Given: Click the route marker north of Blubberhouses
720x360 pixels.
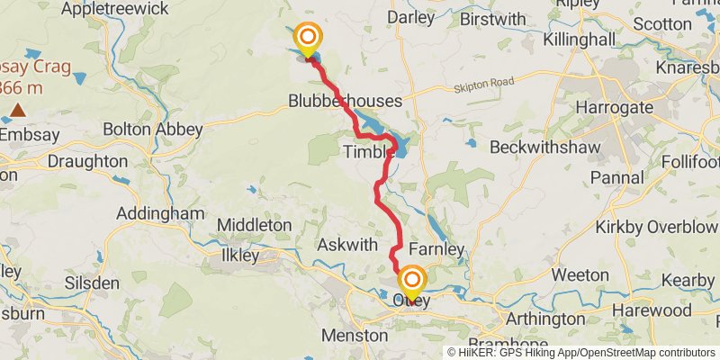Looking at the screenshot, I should click(308, 38).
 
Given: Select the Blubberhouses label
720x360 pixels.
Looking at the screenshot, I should click(338, 100).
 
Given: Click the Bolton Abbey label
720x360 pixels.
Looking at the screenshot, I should click(153, 130).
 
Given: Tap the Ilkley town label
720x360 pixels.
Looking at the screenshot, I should click(240, 256).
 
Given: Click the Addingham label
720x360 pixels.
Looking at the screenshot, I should click(160, 213).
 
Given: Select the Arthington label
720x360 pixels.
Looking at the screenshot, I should click(546, 319).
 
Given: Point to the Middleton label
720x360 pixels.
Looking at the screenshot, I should click(255, 224).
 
